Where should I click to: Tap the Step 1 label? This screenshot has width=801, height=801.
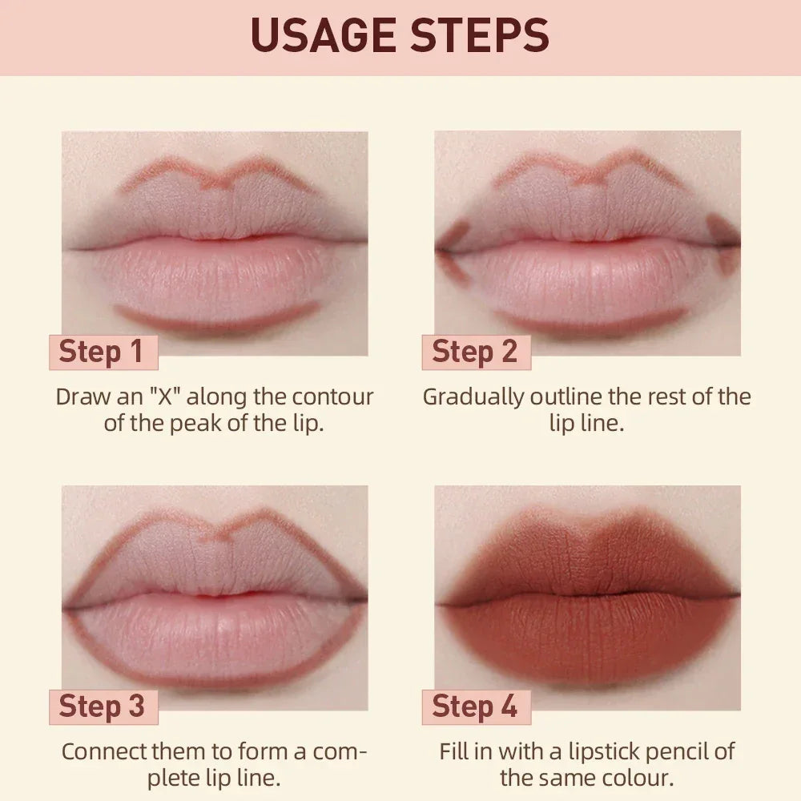click(102, 352)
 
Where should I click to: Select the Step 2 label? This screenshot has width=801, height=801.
click(475, 352)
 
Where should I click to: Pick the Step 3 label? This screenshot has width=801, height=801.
click(102, 706)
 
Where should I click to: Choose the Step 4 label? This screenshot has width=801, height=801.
click(475, 706)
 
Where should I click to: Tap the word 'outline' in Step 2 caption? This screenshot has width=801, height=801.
click(566, 396)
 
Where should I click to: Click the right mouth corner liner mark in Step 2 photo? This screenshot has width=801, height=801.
click(724, 244)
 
